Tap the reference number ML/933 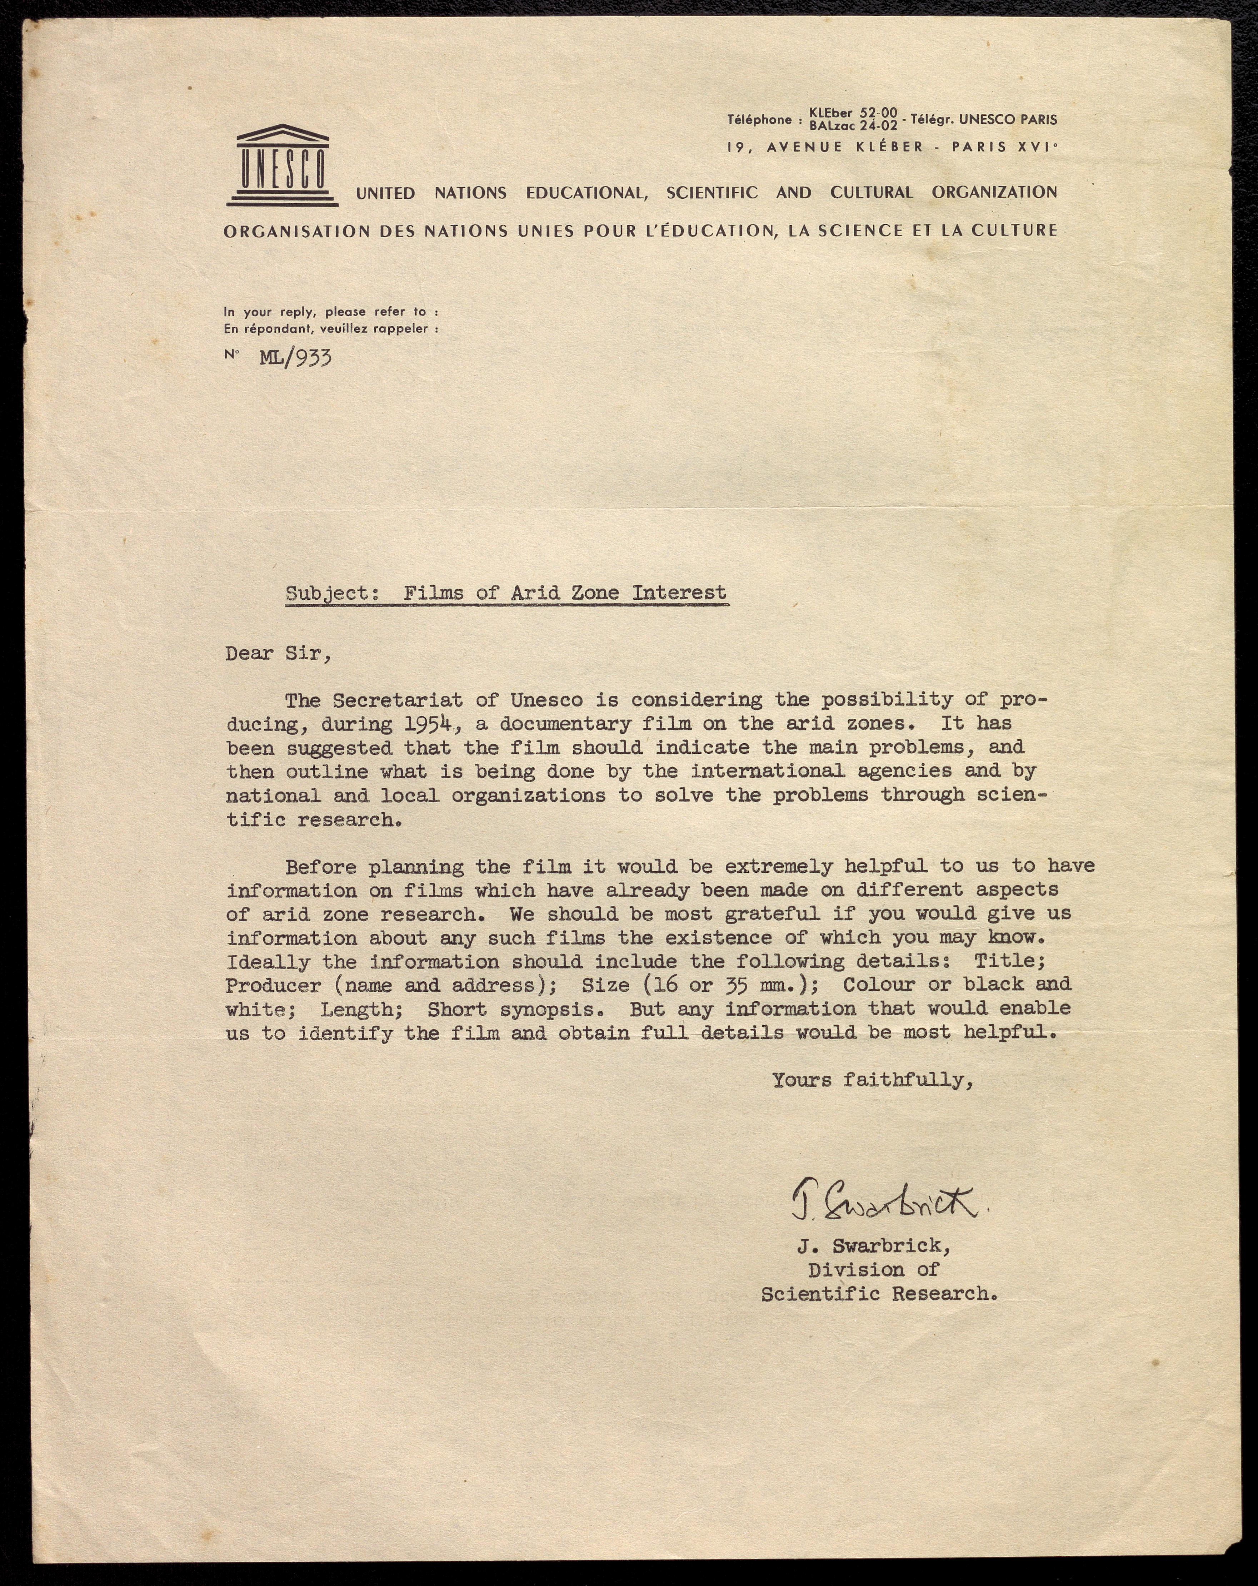[x=295, y=358]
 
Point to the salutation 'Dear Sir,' [x=278, y=653]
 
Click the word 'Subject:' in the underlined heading [x=331, y=593]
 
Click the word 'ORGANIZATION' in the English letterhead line [x=994, y=193]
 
